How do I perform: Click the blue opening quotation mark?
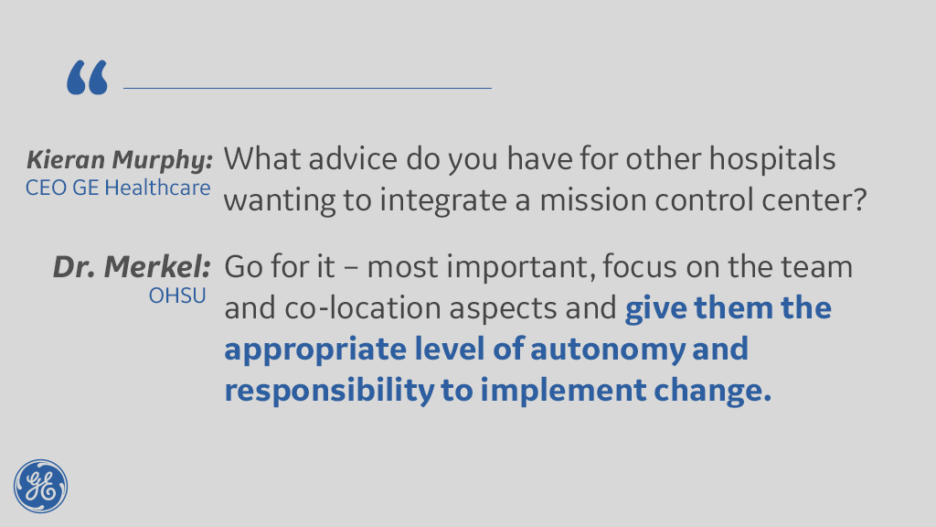pos(87,77)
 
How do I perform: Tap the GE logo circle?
pos(40,487)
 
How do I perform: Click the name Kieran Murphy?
pos(120,160)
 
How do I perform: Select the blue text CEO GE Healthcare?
pos(118,188)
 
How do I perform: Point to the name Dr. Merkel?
pos(132,266)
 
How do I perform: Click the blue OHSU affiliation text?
pos(177,296)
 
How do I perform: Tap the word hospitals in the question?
pos(772,159)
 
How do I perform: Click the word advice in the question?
pos(353,159)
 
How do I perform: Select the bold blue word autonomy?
pos(608,350)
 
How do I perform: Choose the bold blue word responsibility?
pos(329,391)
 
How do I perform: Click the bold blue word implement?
pos(563,391)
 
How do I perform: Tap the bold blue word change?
pos(713,391)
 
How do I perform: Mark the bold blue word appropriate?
pos(315,350)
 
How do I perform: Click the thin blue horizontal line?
pos(307,88)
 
